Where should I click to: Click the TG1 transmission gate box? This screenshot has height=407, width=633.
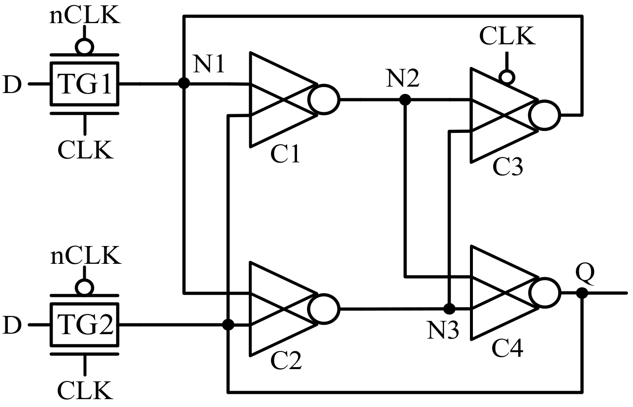84,84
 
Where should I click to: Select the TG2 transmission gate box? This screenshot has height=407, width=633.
84,325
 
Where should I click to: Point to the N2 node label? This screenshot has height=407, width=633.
403,78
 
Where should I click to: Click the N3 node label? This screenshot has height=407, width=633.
443,330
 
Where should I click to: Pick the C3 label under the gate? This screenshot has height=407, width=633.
508,168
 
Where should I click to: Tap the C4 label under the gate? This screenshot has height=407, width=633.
508,350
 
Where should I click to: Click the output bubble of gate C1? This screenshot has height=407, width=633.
324,100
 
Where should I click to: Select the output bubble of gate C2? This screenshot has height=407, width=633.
324,309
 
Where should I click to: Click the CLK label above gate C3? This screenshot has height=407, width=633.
507,37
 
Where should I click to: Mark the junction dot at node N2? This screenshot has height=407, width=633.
405,100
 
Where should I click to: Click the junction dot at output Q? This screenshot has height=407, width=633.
582,293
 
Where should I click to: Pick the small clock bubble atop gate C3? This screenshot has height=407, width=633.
506,77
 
